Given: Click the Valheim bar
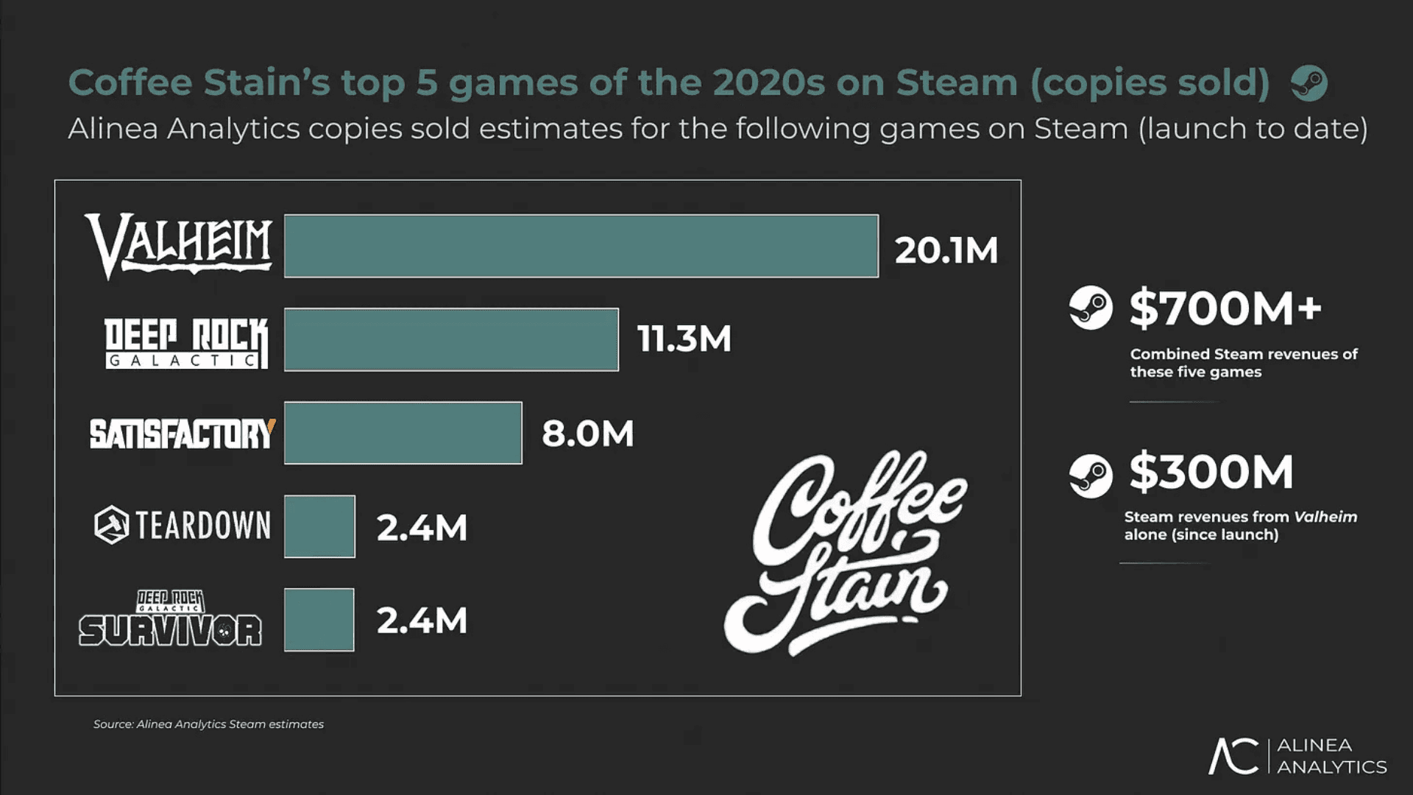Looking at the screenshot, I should pyautogui.click(x=581, y=246).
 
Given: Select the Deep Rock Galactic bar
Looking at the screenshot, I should pyautogui.click(x=451, y=339).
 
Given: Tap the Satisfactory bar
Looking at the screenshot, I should pyautogui.click(x=403, y=433).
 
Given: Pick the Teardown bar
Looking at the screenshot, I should pyautogui.click(x=319, y=526).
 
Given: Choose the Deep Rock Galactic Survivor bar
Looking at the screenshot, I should pyautogui.click(x=319, y=620).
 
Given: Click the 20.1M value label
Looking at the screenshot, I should pyautogui.click(x=946, y=250).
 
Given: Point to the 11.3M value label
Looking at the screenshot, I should pyautogui.click(x=684, y=339).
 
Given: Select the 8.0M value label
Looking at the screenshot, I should pyautogui.click(x=587, y=434).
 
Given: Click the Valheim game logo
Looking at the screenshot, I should pyautogui.click(x=180, y=245).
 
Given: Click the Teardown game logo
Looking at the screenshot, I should pyautogui.click(x=183, y=526).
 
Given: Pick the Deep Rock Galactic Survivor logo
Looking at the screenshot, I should pyautogui.click(x=170, y=619).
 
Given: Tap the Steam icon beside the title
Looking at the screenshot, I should pyautogui.click(x=1309, y=83).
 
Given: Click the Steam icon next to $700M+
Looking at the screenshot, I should pyautogui.click(x=1091, y=308).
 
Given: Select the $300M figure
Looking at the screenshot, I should pyautogui.click(x=1211, y=472).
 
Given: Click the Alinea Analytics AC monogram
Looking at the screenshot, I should pyautogui.click(x=1233, y=756).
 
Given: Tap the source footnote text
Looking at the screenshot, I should pyautogui.click(x=208, y=724).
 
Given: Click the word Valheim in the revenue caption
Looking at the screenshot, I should pyautogui.click(x=1325, y=517).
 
